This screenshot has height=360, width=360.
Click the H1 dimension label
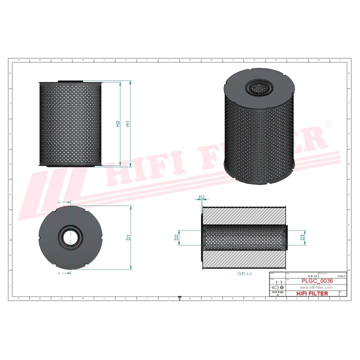[x=128, y=123]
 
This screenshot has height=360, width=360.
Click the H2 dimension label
[x=118, y=123]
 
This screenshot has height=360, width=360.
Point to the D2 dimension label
[x=177, y=237]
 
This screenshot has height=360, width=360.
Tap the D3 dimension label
[x=302, y=237]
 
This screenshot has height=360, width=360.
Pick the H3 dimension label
[x=201, y=197]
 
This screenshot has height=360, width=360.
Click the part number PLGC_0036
[x=316, y=281]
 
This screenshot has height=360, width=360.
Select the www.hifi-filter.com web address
[x=316, y=288]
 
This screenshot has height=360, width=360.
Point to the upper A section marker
[x=59, y=201]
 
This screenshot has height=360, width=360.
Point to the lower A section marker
[x=59, y=274]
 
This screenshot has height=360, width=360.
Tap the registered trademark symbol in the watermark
[x=328, y=122]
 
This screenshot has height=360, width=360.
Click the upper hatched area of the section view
[x=244, y=216]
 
